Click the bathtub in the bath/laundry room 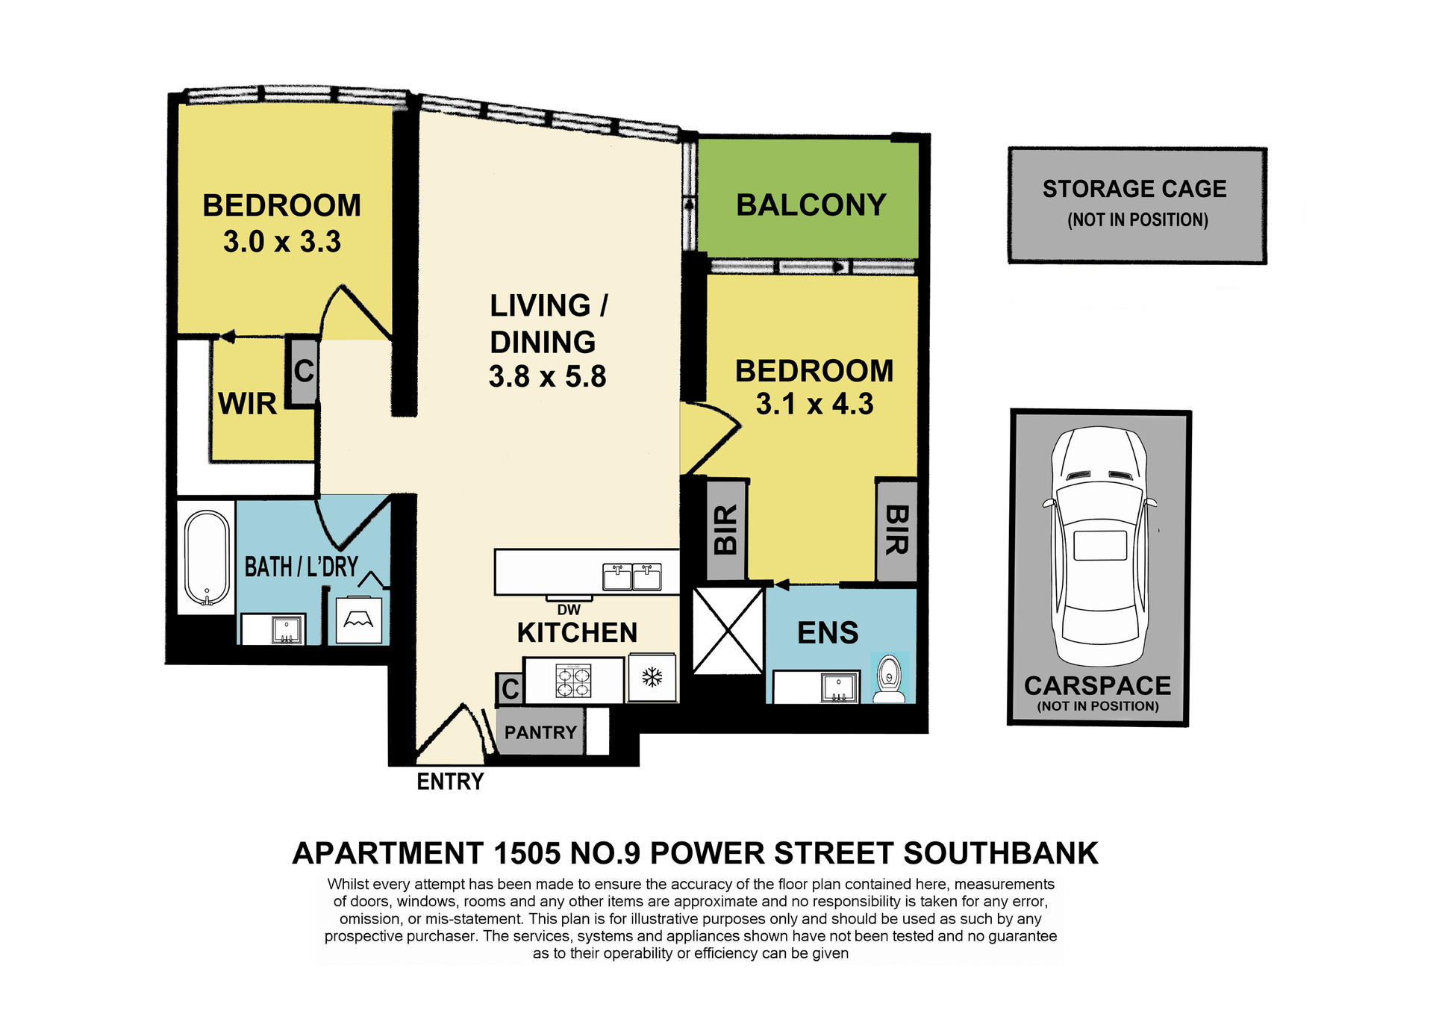tap(207, 558)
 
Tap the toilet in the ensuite tap(889, 679)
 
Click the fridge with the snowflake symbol tap(652, 678)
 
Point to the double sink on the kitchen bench tap(632, 577)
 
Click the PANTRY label tap(540, 732)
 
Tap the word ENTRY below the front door tap(450, 782)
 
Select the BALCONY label tap(811, 205)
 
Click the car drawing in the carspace tap(1099, 546)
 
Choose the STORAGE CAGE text tap(1134, 189)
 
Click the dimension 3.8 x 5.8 tap(548, 376)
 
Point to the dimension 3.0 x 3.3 tap(282, 241)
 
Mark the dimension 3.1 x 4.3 tap(814, 404)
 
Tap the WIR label tap(247, 404)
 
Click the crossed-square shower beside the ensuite tap(728, 631)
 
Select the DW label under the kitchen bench tap(569, 610)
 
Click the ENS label tap(828, 633)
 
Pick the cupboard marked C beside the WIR tap(303, 371)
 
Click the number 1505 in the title tap(526, 853)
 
